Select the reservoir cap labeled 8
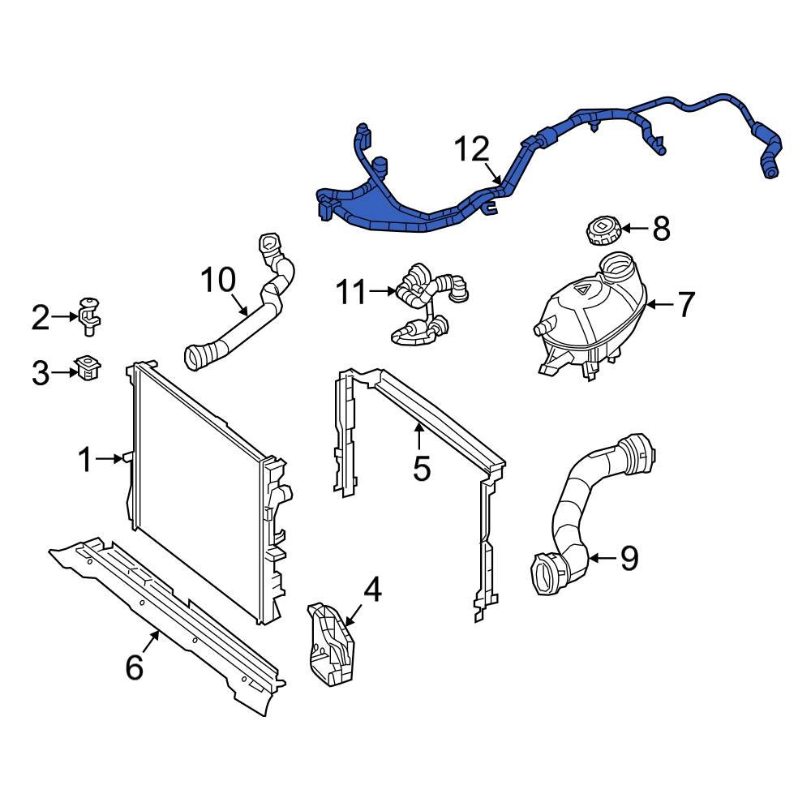point(600,230)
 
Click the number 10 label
point(218,281)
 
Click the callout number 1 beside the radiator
point(85,460)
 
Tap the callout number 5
point(422,468)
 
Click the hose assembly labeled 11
point(426,306)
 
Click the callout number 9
point(629,558)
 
